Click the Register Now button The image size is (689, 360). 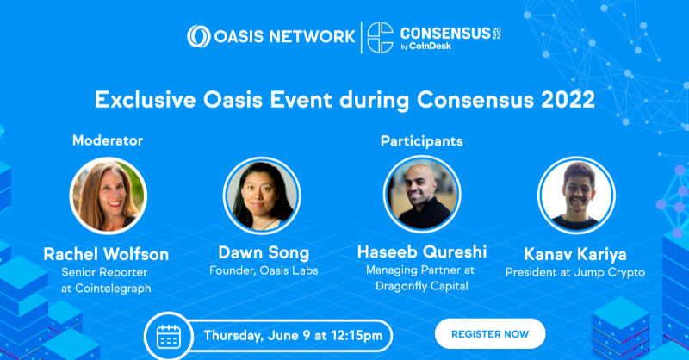pyautogui.click(x=490, y=333)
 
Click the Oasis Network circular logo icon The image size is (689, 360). pyautogui.click(x=199, y=36)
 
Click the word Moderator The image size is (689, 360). pyautogui.click(x=108, y=140)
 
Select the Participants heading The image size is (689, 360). pyautogui.click(x=421, y=140)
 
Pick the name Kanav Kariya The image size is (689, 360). pyautogui.click(x=576, y=256)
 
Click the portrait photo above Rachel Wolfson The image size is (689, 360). pyautogui.click(x=108, y=196)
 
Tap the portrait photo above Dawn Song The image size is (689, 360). pyautogui.click(x=262, y=196)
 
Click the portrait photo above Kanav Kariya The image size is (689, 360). pyautogui.click(x=576, y=196)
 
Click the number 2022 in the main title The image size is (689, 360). pyautogui.click(x=564, y=99)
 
